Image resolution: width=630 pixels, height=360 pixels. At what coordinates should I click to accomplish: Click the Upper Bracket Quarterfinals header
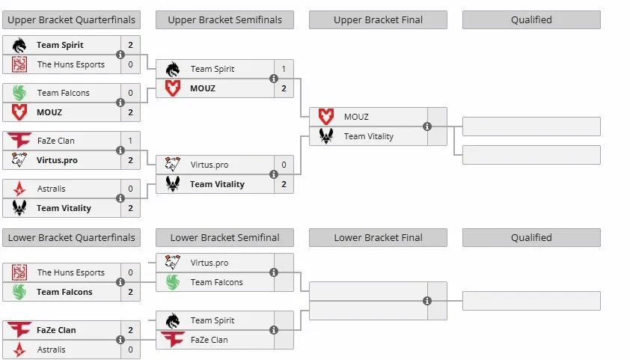pyautogui.click(x=72, y=20)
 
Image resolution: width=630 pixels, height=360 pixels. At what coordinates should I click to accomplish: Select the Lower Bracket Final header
pyautogui.click(x=378, y=238)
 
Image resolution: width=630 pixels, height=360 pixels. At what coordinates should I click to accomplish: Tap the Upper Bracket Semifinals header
pyautogui.click(x=225, y=20)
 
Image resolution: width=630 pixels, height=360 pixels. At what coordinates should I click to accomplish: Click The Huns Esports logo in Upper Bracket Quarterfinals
pyautogui.click(x=19, y=64)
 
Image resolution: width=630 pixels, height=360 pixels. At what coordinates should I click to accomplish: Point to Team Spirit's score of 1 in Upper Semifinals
pyautogui.click(x=284, y=69)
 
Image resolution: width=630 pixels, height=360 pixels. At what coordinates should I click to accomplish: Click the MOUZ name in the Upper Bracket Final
pyautogui.click(x=356, y=117)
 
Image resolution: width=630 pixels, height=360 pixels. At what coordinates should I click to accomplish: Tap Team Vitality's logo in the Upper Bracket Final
pyautogui.click(x=326, y=136)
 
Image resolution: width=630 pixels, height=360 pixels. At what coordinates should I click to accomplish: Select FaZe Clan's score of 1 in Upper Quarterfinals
pyautogui.click(x=131, y=141)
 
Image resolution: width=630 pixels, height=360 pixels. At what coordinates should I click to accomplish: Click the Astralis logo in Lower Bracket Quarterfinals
pyautogui.click(x=19, y=350)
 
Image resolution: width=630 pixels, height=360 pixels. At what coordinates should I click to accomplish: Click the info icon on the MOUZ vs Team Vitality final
pyautogui.click(x=427, y=126)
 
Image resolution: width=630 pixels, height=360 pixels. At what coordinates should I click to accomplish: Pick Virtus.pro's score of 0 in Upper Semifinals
pyautogui.click(x=284, y=165)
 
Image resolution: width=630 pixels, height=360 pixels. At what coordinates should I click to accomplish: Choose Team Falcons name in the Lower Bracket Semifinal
pyautogui.click(x=216, y=282)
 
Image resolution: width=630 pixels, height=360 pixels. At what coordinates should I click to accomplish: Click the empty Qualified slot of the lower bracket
pyautogui.click(x=531, y=301)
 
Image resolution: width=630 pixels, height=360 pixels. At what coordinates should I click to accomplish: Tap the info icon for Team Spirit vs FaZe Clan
pyautogui.click(x=274, y=330)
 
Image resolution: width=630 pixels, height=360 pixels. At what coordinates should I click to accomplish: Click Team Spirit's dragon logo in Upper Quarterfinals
pyautogui.click(x=19, y=45)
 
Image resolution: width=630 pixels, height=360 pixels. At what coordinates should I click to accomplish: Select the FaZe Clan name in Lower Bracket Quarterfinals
pyautogui.click(x=56, y=330)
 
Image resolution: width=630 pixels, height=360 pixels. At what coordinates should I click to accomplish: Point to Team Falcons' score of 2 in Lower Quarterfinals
pyautogui.click(x=131, y=292)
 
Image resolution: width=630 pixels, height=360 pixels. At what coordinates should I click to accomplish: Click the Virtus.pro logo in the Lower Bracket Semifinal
pyautogui.click(x=173, y=263)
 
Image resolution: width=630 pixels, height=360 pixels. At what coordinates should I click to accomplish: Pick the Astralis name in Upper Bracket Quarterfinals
pyautogui.click(x=52, y=189)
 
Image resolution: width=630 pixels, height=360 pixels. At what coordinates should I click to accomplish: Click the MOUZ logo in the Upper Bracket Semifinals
pyautogui.click(x=173, y=88)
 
